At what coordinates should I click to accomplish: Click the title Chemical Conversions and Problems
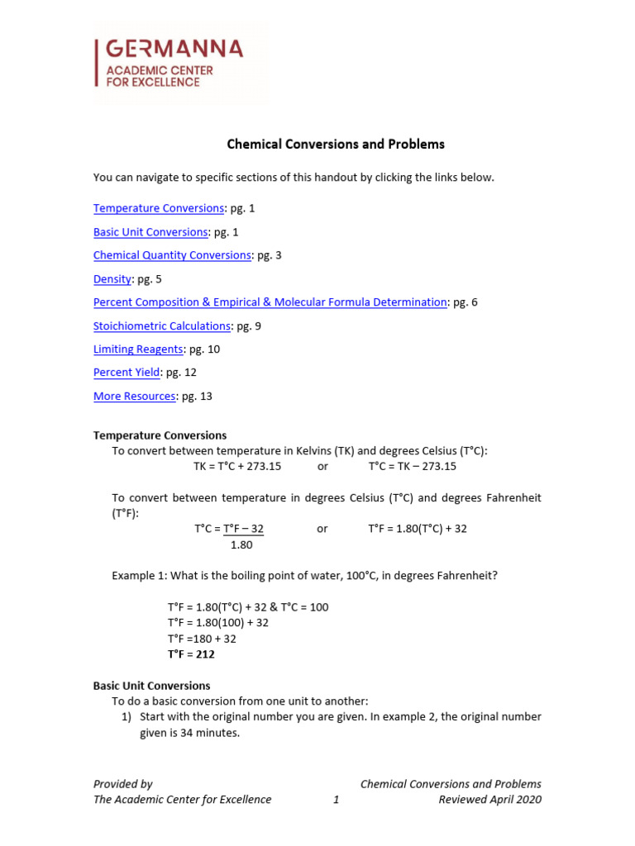(x=336, y=144)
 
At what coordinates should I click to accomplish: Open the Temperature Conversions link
(x=158, y=208)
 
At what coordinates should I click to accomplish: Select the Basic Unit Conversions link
(x=150, y=232)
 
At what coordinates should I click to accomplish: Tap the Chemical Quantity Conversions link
(x=172, y=255)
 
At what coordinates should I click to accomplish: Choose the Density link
(x=112, y=279)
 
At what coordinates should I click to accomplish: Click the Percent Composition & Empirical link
(x=270, y=302)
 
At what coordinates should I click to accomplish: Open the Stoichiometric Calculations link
(x=161, y=326)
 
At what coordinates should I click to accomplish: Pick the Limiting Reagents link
(x=138, y=349)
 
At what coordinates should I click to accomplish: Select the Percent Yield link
(x=127, y=373)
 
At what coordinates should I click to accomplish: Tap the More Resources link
(x=134, y=397)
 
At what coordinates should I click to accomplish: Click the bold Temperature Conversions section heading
(x=160, y=435)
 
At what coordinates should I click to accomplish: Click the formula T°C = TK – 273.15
(x=412, y=466)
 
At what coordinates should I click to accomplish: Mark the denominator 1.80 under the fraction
(x=241, y=545)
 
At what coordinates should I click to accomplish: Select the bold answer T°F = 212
(x=191, y=654)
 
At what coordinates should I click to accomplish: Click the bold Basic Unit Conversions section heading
(x=151, y=686)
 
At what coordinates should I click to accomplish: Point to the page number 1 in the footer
(x=336, y=800)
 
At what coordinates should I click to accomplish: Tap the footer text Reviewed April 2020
(x=489, y=800)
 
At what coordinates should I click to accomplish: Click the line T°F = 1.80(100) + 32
(x=217, y=623)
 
